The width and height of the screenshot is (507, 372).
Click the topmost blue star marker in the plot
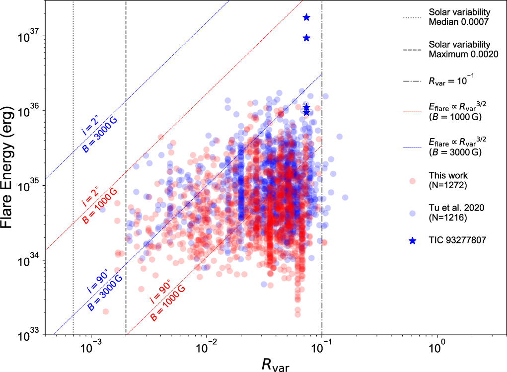pyautogui.click(x=306, y=17)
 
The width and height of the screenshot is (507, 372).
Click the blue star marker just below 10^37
pyautogui.click(x=306, y=38)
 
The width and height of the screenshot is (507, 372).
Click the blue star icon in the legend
pyautogui.click(x=412, y=241)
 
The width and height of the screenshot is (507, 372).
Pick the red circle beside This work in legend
pyautogui.click(x=412, y=180)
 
